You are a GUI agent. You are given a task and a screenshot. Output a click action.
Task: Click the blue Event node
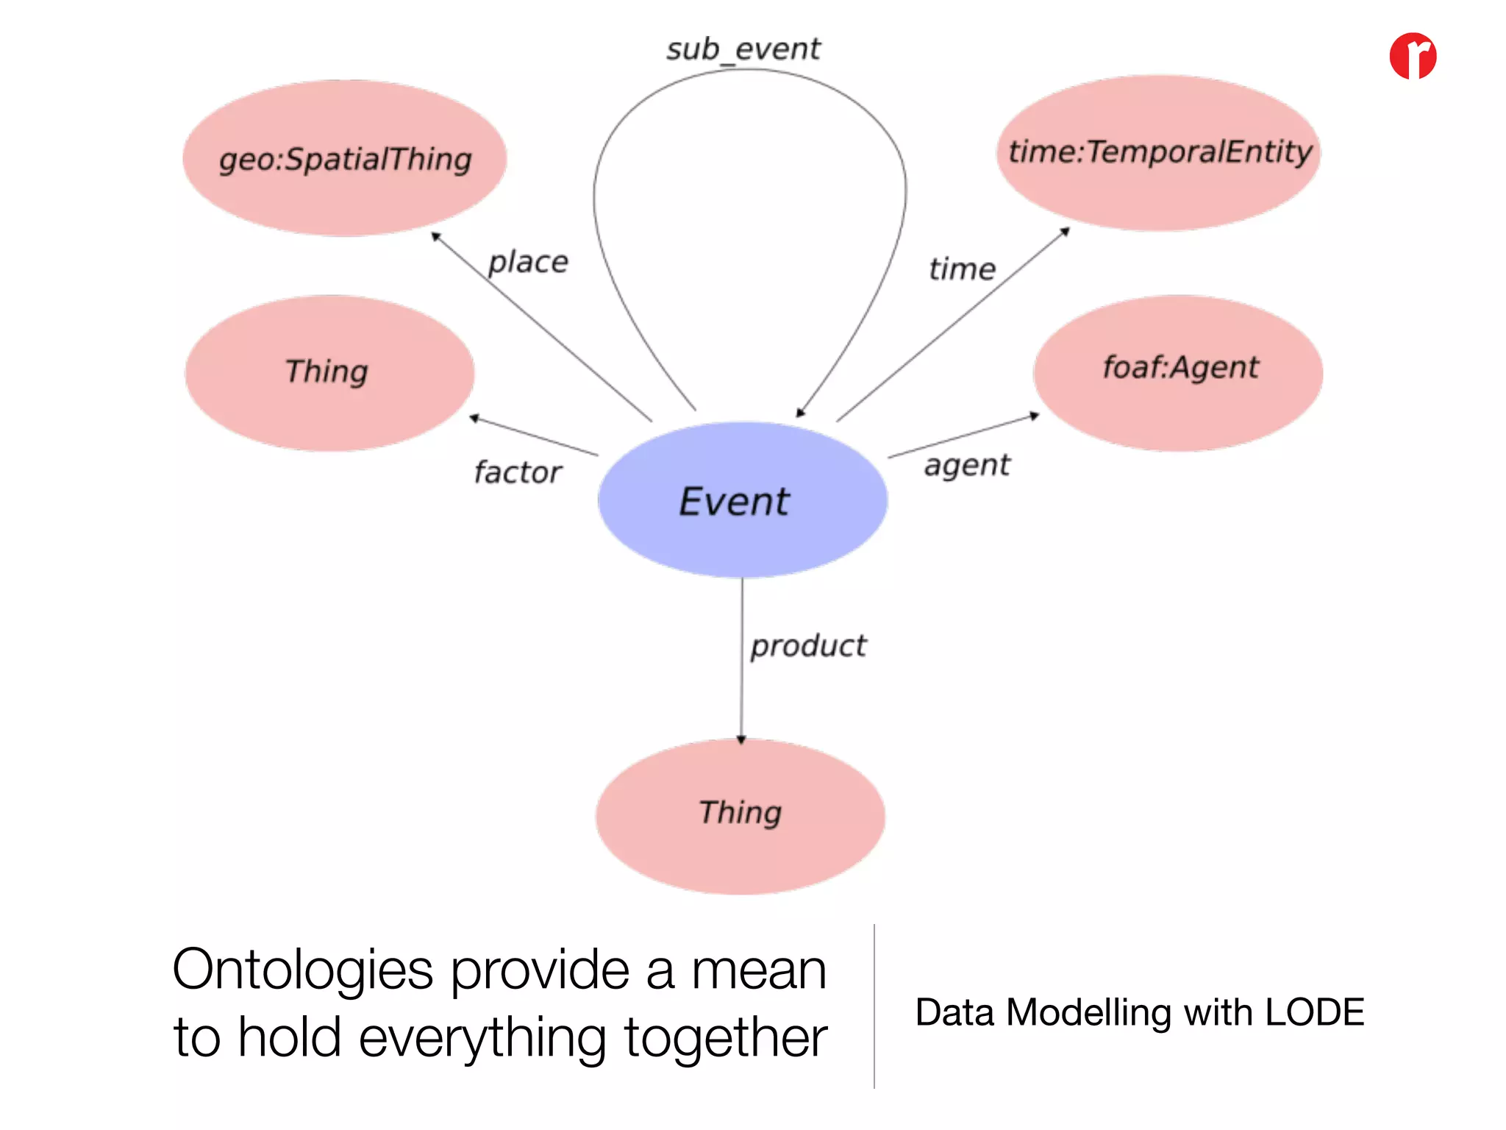[x=742, y=500]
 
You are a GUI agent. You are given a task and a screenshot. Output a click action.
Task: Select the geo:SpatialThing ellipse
[x=344, y=158]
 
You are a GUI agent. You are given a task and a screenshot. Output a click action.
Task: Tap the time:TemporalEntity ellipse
[x=1159, y=152]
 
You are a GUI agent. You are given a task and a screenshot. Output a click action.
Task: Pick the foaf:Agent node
[x=1179, y=373]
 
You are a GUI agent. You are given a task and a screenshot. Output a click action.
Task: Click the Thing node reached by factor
[x=329, y=373]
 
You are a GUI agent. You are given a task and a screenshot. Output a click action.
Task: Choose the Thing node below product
[x=740, y=816]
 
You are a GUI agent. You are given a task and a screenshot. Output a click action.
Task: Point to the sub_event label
[x=743, y=49]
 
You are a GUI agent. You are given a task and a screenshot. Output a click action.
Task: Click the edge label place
[x=528, y=262]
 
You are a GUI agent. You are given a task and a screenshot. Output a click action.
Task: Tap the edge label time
[x=962, y=269]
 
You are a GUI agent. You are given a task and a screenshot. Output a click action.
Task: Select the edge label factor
[x=518, y=472]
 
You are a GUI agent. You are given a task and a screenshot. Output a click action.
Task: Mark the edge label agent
[x=967, y=466]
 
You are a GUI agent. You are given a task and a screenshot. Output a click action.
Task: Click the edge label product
[x=808, y=646]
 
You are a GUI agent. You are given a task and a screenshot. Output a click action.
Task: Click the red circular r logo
[x=1413, y=56]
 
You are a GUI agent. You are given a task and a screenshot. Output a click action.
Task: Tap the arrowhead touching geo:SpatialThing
[x=435, y=236]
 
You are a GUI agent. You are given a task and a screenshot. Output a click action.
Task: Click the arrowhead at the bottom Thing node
[x=741, y=739]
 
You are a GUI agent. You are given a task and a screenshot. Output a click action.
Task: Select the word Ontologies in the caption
[x=302, y=970]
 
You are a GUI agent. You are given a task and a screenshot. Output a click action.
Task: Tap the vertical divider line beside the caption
[x=874, y=1006]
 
